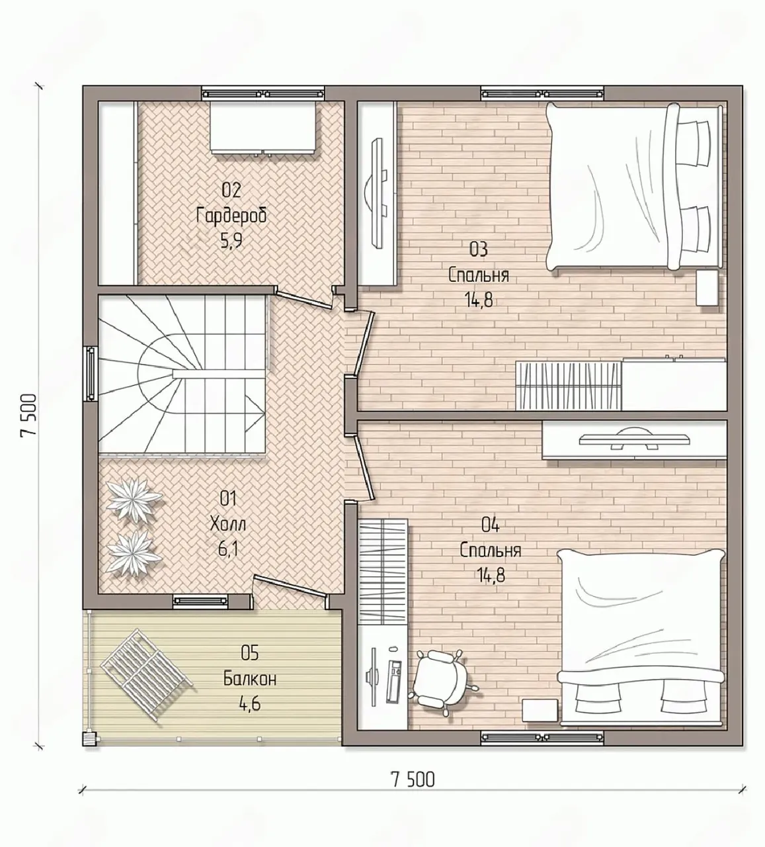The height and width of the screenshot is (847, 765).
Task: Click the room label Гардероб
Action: (231, 216)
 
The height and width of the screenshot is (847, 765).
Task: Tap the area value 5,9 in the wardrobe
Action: (231, 242)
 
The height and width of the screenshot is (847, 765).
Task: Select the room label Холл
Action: (228, 525)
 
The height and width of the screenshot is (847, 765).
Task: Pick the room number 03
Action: (479, 249)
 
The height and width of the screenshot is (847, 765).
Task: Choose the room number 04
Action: (491, 525)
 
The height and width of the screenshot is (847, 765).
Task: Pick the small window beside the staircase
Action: (91, 373)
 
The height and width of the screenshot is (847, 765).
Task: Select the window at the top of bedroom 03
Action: (542, 93)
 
